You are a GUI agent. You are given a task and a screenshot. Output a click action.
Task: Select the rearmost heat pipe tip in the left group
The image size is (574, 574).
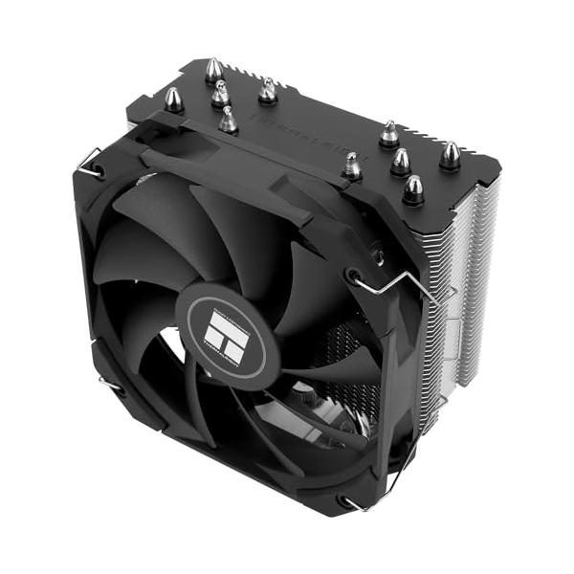tap(214, 71)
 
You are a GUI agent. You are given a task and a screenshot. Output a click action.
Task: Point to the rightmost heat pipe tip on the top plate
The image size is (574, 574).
tap(449, 155)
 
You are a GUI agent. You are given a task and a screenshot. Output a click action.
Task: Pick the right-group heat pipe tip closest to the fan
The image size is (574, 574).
tap(352, 166)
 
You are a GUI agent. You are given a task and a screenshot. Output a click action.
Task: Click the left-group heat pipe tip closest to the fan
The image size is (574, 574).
tap(228, 121)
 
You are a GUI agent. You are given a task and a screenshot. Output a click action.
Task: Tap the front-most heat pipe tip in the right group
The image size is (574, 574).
tap(412, 189)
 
